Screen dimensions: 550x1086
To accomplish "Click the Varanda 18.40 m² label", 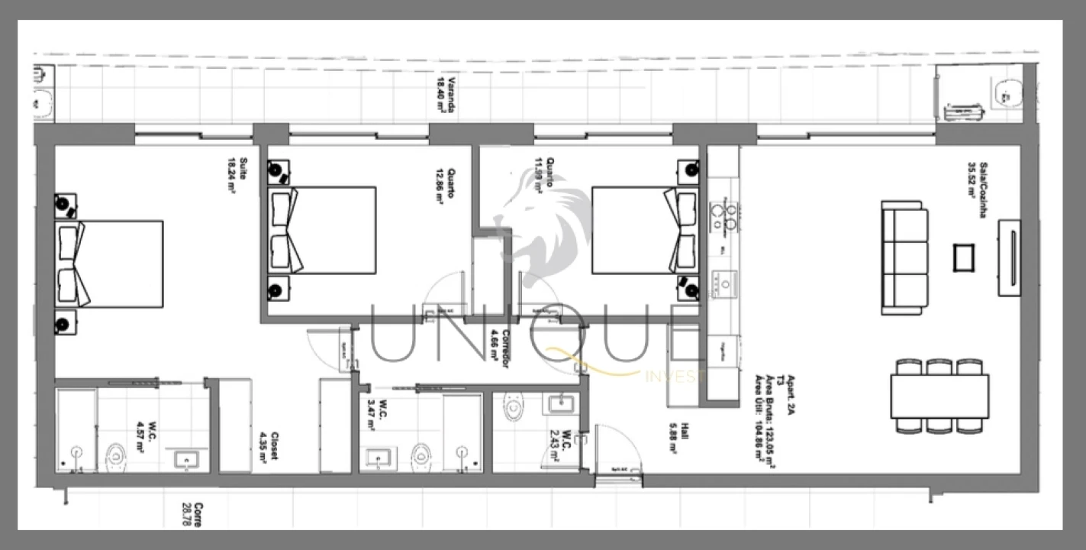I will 446,95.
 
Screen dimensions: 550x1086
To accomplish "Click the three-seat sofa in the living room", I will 904,257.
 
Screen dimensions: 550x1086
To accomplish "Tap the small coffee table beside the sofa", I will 964,257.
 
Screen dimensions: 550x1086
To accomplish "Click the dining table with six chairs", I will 939,396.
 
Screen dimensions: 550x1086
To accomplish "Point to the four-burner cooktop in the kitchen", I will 723,215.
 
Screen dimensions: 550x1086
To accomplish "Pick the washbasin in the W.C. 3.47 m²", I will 376,458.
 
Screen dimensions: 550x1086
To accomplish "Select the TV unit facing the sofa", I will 1009,257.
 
